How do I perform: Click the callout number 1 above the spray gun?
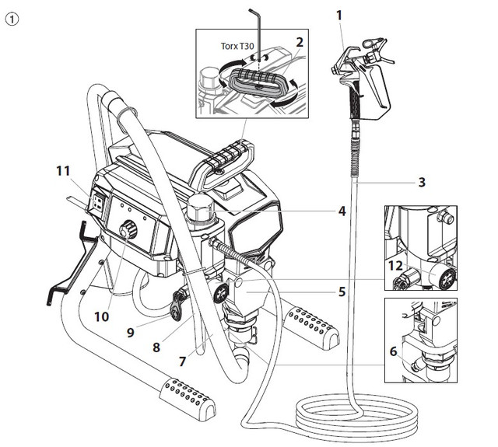[x=339, y=16]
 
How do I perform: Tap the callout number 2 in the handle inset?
[x=299, y=42]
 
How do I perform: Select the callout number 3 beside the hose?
[x=422, y=182]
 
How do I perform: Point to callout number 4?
[x=342, y=211]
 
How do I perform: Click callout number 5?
[x=342, y=292]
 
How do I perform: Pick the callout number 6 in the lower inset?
[x=393, y=351]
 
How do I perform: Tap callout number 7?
[x=182, y=361]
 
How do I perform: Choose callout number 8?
[x=156, y=347]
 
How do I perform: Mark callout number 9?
[x=130, y=333]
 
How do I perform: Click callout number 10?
[x=102, y=316]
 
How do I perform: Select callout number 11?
[x=63, y=171]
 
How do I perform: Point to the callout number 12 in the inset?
[x=395, y=266]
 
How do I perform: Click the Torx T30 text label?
[x=237, y=47]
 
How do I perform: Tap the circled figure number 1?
[x=12, y=19]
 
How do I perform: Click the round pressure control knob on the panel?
[x=128, y=229]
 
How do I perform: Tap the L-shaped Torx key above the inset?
[x=259, y=35]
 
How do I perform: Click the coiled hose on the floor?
[x=356, y=416]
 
